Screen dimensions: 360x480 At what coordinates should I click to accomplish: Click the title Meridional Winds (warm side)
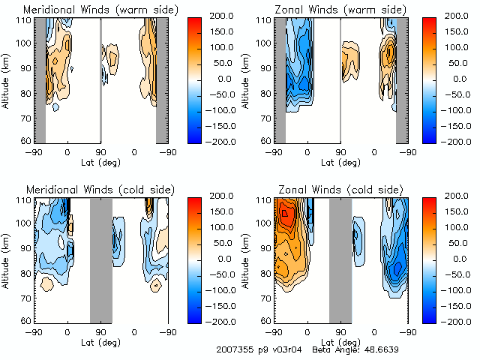101,10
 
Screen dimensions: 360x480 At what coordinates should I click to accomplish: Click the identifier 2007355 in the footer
234,349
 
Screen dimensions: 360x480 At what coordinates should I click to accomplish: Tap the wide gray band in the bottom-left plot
100,259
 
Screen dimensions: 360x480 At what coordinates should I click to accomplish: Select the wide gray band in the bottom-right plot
340,259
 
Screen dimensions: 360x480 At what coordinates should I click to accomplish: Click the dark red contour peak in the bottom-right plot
285,213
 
